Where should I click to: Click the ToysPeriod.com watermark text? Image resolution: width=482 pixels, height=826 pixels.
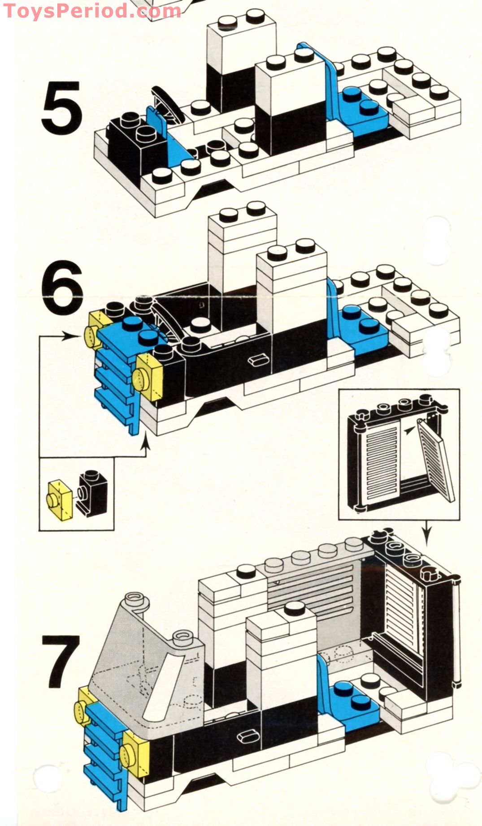tap(92, 11)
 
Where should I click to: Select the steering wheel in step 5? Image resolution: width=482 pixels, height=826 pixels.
tap(167, 104)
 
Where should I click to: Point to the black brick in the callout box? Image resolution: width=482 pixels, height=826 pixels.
tap(92, 493)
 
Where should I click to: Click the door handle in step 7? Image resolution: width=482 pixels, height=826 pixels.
tap(246, 736)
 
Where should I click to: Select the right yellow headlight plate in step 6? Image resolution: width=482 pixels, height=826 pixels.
tap(149, 377)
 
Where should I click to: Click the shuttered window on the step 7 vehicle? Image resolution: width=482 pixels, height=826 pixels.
tap(404, 609)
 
